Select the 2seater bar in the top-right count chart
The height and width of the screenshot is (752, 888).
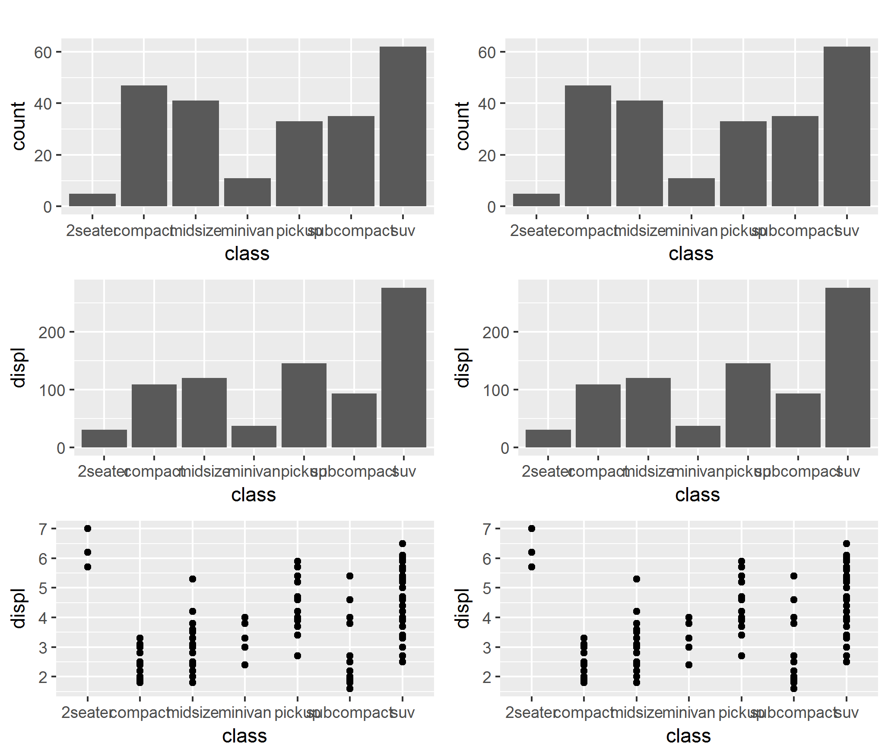click(536, 200)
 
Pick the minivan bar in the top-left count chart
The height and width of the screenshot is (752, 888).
click(247, 192)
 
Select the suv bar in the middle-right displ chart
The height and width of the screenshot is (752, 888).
click(847, 367)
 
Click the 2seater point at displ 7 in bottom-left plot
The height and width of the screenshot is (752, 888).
click(88, 529)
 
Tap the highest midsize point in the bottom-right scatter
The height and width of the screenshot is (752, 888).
click(637, 579)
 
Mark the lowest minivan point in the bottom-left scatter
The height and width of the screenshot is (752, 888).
click(245, 665)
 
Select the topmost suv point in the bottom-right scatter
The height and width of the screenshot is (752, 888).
click(847, 544)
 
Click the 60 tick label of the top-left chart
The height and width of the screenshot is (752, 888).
click(43, 53)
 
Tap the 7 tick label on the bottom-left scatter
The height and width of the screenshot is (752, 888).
click(43, 529)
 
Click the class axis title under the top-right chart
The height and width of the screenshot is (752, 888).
click(691, 254)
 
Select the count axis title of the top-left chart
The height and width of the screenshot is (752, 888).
click(19, 126)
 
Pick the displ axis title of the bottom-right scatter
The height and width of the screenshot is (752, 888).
click(463, 608)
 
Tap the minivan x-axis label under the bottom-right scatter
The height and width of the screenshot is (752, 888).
click(688, 713)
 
